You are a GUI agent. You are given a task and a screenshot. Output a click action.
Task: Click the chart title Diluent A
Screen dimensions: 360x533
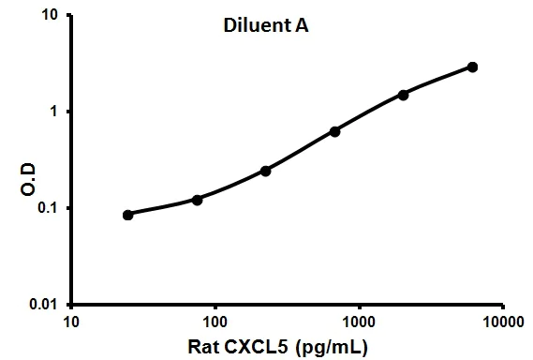point(259,27)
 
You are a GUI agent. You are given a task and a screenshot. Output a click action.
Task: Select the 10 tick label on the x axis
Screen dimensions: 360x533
point(71,322)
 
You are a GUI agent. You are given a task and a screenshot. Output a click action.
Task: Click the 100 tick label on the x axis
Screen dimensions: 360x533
point(215,322)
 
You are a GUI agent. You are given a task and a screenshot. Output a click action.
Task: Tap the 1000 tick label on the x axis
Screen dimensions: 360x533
point(359,322)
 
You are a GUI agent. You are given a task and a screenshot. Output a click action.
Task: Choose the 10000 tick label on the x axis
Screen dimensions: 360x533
point(502,322)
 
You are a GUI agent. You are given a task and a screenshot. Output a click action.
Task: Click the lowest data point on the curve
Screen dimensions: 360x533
point(128,215)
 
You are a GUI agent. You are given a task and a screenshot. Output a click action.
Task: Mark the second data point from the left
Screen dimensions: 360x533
point(198,200)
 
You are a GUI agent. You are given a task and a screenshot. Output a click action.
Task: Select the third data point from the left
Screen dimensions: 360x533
point(266,171)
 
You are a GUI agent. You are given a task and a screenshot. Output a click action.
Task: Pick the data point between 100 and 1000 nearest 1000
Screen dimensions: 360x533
point(334,131)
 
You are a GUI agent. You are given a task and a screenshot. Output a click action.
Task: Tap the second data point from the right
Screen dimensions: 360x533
point(404,95)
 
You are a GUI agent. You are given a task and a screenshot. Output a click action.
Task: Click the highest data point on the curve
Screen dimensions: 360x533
point(472,67)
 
